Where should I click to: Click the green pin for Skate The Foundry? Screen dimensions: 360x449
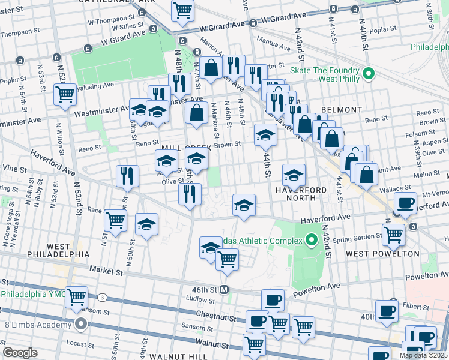(x=369, y=74)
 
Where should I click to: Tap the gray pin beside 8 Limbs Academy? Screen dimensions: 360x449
(x=81, y=325)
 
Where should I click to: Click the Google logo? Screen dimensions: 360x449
(x=20, y=353)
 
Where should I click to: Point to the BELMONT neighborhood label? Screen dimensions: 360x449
(x=342, y=110)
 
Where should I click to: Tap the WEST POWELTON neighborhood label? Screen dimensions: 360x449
(x=382, y=254)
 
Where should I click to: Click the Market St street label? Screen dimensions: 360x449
(x=106, y=272)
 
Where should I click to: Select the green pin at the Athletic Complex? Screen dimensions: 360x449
(x=311, y=241)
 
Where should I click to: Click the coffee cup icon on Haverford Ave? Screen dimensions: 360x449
(x=406, y=203)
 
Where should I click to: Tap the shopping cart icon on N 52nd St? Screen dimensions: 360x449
(x=65, y=94)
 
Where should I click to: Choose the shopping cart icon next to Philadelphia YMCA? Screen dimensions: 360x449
(x=77, y=297)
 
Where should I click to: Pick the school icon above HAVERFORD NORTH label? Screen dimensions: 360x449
(x=292, y=175)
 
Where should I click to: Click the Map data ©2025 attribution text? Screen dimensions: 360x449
(x=423, y=355)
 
